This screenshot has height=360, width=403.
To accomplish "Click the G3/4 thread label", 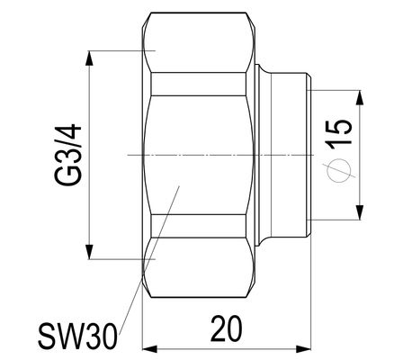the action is click(68, 155).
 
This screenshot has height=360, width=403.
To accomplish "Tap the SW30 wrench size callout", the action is click(77, 337).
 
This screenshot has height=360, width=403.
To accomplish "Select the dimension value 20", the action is click(227, 328).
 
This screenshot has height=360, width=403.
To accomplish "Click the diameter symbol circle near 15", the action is click(339, 170).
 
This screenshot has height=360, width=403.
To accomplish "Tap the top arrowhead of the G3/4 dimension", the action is click(89, 58).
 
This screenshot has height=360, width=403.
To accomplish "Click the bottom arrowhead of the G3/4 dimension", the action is click(89, 252).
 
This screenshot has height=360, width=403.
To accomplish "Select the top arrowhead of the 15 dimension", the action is click(360, 97).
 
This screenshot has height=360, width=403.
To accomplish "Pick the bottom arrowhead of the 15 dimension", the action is click(360, 212).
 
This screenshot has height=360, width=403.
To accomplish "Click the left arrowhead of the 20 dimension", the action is click(149, 349).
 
